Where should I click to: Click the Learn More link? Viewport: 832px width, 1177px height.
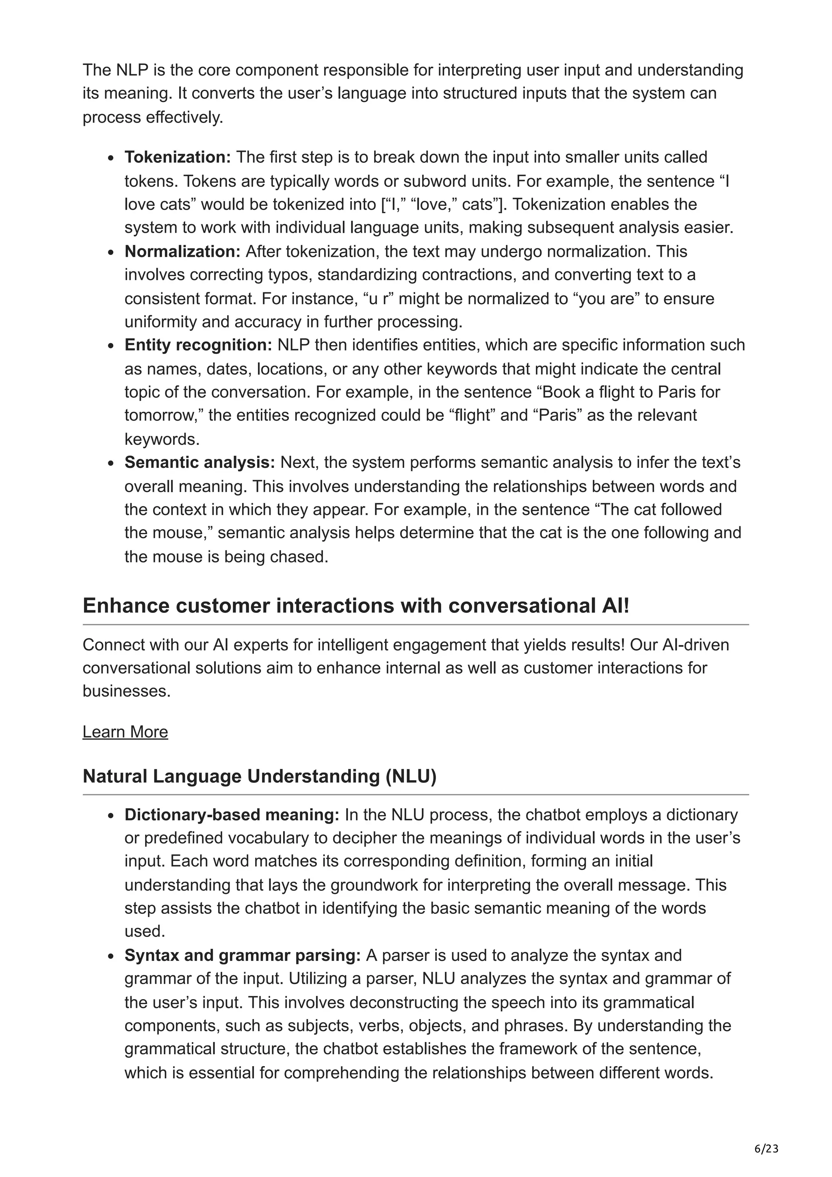125,731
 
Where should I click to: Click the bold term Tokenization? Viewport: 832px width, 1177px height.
178,157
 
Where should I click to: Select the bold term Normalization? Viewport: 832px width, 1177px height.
182,252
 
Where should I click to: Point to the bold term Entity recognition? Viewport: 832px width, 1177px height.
198,345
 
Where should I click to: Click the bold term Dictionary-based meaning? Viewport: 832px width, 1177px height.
232,815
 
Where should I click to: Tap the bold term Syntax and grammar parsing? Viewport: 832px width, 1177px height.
243,956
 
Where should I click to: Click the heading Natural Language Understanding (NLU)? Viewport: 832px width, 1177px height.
260,776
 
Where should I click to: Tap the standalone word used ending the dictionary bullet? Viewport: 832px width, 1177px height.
144,931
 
